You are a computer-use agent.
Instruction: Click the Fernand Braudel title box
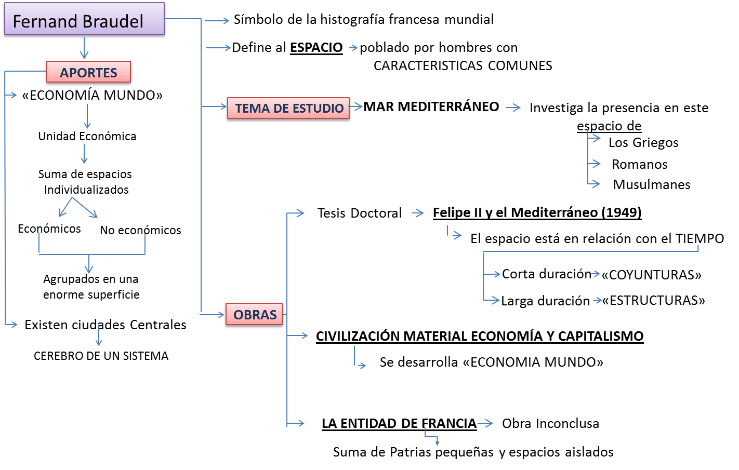84,20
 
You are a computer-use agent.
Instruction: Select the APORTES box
89,73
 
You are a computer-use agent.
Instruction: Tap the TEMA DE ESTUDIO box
288,109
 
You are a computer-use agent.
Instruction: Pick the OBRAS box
255,315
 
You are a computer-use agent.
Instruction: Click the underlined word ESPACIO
316,48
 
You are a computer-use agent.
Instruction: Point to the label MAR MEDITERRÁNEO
431,107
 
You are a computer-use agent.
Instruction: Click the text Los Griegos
643,143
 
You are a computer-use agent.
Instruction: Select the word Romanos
639,165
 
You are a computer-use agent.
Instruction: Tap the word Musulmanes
652,185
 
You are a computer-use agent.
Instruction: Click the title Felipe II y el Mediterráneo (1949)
537,213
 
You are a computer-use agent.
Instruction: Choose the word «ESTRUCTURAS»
653,301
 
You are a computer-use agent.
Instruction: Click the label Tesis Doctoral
359,213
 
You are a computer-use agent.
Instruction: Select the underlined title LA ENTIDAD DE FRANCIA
399,424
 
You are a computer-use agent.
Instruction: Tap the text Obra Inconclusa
550,424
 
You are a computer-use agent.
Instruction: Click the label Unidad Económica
87,137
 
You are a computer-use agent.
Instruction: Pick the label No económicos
140,231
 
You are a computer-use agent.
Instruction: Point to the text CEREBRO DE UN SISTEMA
101,356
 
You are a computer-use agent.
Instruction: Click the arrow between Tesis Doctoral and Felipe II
418,213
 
